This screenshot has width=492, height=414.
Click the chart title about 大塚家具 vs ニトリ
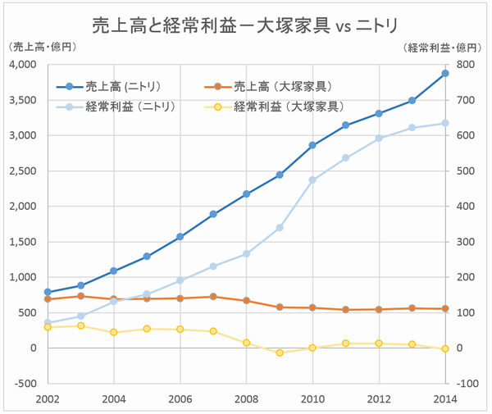(245, 25)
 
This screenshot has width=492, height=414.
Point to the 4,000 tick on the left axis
(24, 64)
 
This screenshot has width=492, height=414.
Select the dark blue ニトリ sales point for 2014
(444, 73)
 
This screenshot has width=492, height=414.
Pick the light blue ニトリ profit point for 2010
(312, 180)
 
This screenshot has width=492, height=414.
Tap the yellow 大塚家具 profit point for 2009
(280, 353)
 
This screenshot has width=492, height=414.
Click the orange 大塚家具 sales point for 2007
(213, 297)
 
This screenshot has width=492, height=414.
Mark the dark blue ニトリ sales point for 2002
(48, 292)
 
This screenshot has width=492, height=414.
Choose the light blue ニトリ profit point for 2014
(444, 123)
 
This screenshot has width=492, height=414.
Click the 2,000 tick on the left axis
(24, 206)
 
